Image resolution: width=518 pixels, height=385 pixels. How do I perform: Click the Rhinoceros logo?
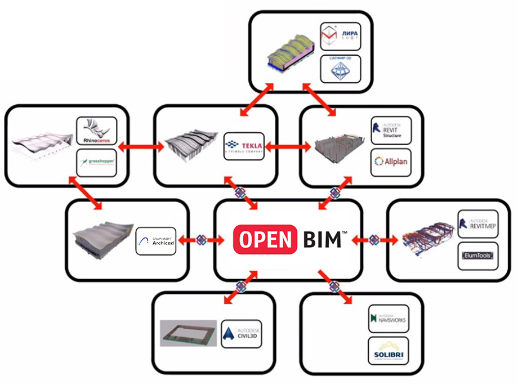(x=96, y=131)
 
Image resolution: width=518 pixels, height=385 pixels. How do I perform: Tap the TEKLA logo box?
(x=244, y=146)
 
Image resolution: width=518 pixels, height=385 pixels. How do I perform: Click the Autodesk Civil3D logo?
(x=242, y=334)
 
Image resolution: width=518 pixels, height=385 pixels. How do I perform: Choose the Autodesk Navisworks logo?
(x=388, y=319)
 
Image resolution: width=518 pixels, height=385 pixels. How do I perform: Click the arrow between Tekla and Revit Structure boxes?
(x=288, y=147)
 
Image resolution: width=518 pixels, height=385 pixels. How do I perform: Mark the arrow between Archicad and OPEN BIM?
(x=200, y=240)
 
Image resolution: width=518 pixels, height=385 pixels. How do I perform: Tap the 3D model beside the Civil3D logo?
(x=188, y=332)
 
